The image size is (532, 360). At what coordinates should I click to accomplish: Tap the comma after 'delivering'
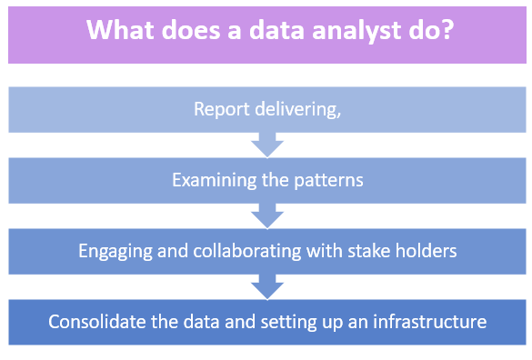click(x=339, y=113)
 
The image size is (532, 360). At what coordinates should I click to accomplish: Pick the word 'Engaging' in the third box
click(x=112, y=251)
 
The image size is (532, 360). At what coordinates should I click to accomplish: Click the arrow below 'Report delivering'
click(x=267, y=145)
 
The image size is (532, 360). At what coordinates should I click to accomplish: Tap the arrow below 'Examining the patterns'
click(x=267, y=215)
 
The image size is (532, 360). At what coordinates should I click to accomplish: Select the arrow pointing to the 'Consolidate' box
click(x=267, y=286)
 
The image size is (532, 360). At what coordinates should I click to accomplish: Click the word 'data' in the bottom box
click(x=199, y=322)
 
